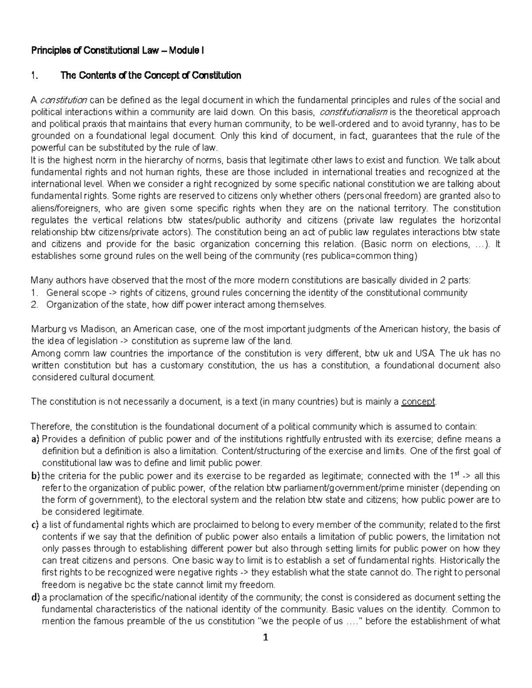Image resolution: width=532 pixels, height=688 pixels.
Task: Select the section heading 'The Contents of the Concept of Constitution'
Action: pos(150,75)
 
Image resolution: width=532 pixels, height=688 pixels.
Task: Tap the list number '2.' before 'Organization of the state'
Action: pos(35,304)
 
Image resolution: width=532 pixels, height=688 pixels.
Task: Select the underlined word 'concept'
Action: pos(419,401)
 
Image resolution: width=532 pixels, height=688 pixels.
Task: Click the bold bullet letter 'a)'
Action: pos(35,439)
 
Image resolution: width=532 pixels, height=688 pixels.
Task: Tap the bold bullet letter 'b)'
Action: pos(35,476)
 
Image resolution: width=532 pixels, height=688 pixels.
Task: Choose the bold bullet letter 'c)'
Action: pos(35,525)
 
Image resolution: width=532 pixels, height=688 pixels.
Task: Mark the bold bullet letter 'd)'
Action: pos(35,597)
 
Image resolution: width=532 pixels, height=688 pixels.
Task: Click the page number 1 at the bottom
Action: pos(265,638)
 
